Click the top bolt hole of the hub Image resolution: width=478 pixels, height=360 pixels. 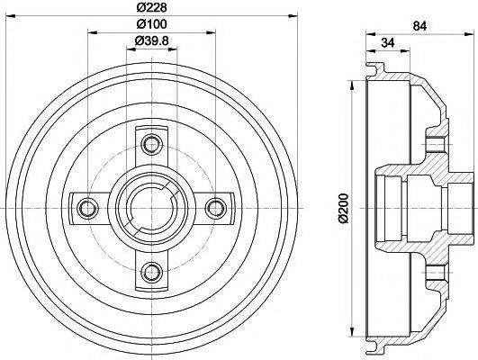click(151, 141)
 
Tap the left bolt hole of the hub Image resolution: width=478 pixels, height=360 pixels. click(87, 207)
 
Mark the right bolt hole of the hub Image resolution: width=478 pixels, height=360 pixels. click(214, 207)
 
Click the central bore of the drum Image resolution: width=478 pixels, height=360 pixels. click(151, 206)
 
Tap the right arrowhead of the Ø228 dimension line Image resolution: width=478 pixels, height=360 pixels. click(291, 15)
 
